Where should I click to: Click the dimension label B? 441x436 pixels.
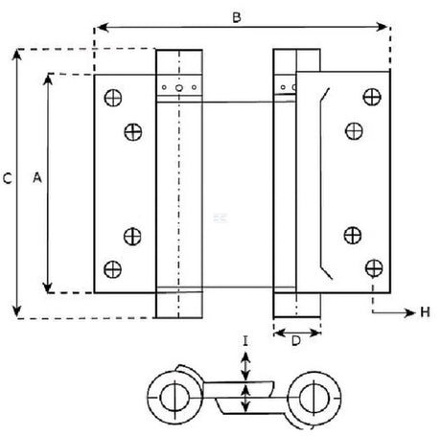pyautogui.click(x=237, y=17)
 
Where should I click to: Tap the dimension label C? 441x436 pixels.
pyautogui.click(x=8, y=178)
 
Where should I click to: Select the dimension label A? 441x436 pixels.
pyautogui.click(x=37, y=177)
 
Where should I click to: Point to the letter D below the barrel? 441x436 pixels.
pyautogui.click(x=296, y=341)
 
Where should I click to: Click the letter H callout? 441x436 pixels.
pyautogui.click(x=425, y=312)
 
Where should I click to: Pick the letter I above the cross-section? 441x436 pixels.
pyautogui.click(x=245, y=341)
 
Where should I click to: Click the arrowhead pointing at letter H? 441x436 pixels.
pyautogui.click(x=409, y=312)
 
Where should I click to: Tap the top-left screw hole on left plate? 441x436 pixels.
pyautogui.click(x=113, y=98)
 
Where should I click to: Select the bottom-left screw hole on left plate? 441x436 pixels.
pyautogui.click(x=112, y=269)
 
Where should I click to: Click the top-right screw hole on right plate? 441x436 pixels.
pyautogui.click(x=372, y=97)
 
